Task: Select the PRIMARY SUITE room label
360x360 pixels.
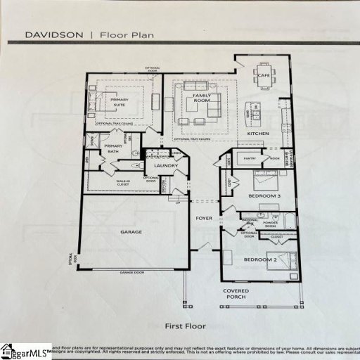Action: [x=117, y=103]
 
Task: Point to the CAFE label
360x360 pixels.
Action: [x=264, y=75]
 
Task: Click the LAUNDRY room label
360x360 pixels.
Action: [x=167, y=166]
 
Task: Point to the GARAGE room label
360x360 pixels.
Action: [x=131, y=231]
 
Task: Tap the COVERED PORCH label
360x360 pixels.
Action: [x=236, y=293]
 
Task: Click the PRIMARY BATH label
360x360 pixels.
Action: [x=114, y=149]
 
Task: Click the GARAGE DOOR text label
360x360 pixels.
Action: [x=131, y=271]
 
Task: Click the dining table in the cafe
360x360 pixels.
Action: [x=265, y=82]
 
